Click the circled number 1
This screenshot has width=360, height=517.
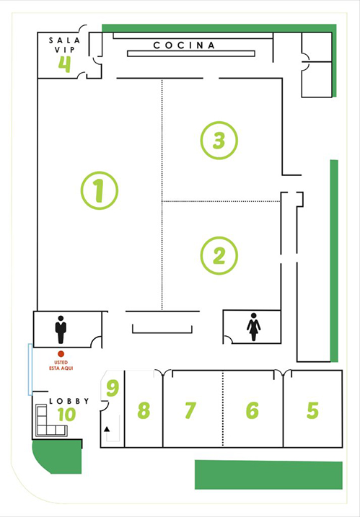click(100, 190)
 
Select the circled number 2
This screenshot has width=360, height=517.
click(219, 255)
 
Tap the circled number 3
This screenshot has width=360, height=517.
click(219, 140)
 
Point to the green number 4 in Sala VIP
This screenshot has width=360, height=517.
click(65, 63)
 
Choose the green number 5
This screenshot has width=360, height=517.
click(312, 410)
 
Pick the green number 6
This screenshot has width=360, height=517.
click(252, 410)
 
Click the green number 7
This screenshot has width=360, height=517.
click(190, 410)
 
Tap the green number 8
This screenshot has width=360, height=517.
click(144, 410)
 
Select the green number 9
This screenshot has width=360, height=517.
click(112, 388)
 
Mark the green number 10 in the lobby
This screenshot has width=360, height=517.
click(66, 415)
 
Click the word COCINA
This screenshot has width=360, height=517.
click(185, 45)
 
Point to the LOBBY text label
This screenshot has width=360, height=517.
click(69, 401)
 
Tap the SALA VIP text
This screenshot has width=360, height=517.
click(65, 46)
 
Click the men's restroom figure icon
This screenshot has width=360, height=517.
click(61, 329)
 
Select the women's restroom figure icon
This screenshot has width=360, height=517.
click(253, 327)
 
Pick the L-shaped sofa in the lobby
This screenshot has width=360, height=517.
click(49, 423)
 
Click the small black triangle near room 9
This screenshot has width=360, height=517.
click(107, 429)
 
